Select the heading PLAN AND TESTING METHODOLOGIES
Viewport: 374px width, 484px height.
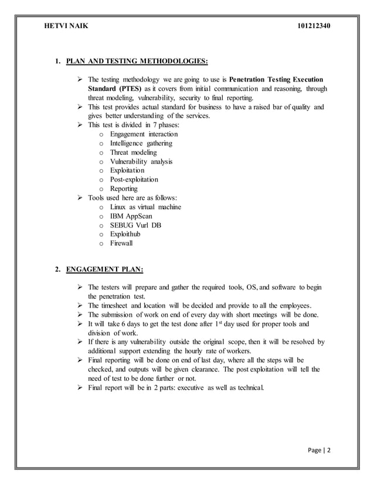(137, 60)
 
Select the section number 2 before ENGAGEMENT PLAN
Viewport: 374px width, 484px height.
(57, 270)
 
